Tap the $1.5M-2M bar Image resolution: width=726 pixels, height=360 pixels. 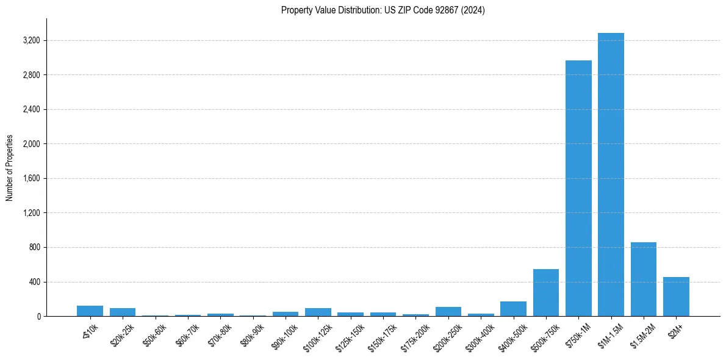click(643, 279)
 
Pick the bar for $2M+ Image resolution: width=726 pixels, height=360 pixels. click(676, 297)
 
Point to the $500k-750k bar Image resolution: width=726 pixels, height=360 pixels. click(545, 292)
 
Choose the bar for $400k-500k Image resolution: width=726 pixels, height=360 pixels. click(513, 309)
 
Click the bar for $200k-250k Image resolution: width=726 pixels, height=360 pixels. click(448, 312)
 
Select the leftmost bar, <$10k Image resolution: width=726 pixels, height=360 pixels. click(90, 311)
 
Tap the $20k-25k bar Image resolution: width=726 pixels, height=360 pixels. click(123, 312)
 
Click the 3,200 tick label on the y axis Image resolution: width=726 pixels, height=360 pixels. click(31, 41)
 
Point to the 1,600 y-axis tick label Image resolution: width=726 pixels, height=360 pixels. click(31, 179)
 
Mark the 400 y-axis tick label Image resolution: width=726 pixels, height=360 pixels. click(34, 282)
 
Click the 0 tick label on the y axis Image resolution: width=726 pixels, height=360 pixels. click(38, 317)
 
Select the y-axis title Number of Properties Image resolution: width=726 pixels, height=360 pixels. click(10, 168)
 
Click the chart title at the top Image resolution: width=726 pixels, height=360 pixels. click(383, 10)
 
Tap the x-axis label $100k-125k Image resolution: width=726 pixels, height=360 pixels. click(317, 335)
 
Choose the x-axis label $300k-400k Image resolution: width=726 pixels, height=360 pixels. click(480, 335)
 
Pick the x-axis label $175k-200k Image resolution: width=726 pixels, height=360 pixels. click(415, 335)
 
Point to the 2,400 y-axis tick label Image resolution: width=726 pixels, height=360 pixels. click(31, 110)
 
